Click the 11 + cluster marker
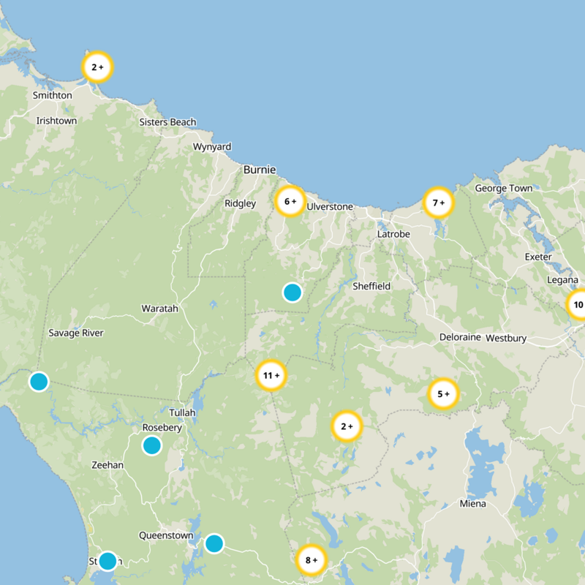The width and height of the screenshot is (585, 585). [271, 376]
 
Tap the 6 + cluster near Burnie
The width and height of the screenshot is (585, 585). [290, 201]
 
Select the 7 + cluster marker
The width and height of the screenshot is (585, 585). [439, 203]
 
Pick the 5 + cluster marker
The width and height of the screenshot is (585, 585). [443, 394]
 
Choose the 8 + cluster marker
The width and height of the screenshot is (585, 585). [311, 561]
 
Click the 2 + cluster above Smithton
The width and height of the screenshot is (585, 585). [97, 67]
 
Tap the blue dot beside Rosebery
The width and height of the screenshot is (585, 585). [151, 445]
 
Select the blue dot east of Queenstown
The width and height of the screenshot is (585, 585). [214, 543]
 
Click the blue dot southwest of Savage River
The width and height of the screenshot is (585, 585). [39, 381]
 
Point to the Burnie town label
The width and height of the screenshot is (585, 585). [260, 170]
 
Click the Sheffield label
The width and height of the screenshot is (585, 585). [371, 286]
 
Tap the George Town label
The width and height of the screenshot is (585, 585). [504, 189]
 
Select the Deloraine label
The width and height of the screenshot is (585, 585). [459, 338]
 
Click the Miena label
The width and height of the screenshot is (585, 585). [472, 504]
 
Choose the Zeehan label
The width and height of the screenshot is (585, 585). [107, 465]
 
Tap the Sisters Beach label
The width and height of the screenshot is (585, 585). [167, 122]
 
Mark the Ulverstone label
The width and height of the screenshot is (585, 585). [330, 207]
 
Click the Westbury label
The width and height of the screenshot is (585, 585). [506, 339]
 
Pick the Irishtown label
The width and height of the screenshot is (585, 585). [56, 121]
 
